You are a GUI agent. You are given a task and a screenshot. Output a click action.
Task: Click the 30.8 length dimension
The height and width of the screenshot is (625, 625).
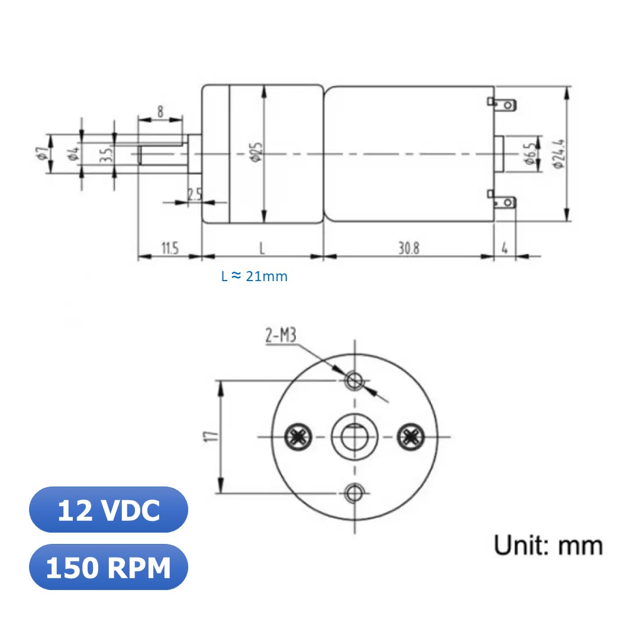click(408, 249)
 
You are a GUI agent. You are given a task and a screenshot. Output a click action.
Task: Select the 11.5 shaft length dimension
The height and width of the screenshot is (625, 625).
click(169, 249)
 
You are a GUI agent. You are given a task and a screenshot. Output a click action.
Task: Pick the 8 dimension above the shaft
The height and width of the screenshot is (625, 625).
click(160, 111)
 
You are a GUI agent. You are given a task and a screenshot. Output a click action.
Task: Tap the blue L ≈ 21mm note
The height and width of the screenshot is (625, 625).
click(254, 276)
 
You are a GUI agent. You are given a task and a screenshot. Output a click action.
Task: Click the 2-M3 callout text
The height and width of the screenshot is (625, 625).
click(281, 337)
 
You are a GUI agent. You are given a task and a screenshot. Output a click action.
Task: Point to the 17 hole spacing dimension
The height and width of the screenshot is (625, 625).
click(209, 437)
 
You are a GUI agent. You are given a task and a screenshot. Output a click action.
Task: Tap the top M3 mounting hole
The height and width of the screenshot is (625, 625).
click(355, 380)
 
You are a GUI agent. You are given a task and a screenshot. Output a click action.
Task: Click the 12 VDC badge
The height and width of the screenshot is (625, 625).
click(108, 510)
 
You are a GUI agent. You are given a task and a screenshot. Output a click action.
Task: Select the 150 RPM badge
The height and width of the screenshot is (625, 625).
click(108, 568)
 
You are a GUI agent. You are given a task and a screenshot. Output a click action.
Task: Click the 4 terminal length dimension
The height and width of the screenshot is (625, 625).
click(504, 249)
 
